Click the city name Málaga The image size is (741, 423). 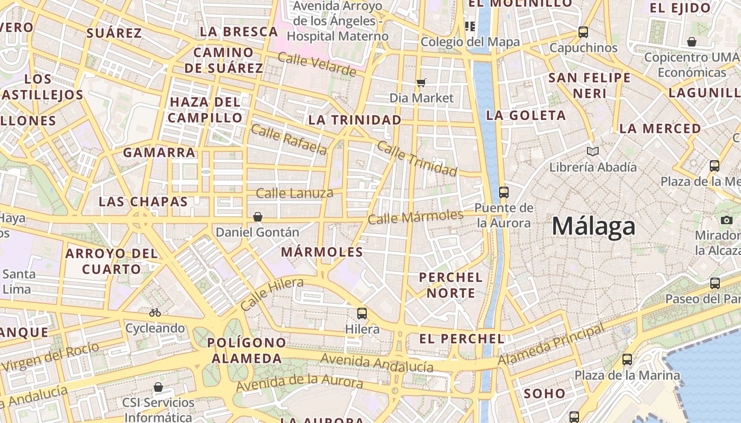coord(593,226)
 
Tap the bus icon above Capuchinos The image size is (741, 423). coord(583,32)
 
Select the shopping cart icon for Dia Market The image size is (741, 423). coord(421,82)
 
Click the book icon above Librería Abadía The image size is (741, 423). coord(593,152)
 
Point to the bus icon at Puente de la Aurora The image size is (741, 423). coord(503,192)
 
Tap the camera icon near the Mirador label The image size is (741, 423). coord(727,220)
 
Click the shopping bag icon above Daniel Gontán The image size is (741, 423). coord(258,217)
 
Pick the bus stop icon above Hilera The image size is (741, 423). coord(362,313)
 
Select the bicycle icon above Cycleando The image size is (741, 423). coord(155,312)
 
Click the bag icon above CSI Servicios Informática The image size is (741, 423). coord(158,387)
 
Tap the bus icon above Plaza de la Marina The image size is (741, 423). coord(627,360)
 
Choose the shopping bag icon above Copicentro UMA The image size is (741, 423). coord(692,42)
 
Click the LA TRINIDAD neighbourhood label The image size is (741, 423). coord(355,120)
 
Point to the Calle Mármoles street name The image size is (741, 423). coord(415,216)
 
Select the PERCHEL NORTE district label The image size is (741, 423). coord(450,285)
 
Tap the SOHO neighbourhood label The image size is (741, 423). coord(545,393)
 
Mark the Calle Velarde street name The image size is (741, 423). coord(317,65)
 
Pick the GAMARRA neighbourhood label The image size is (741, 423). coord(159,153)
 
